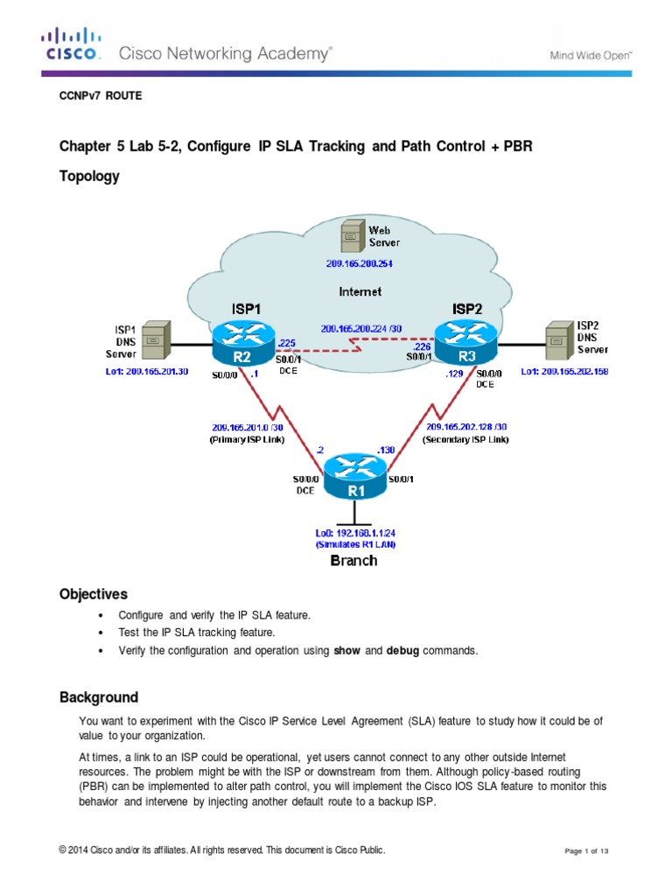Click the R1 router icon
356,477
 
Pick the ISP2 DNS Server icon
556,340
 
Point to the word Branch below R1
353,560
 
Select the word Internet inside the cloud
361,290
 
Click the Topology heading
89,176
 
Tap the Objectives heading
93,594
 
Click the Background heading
98,697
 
